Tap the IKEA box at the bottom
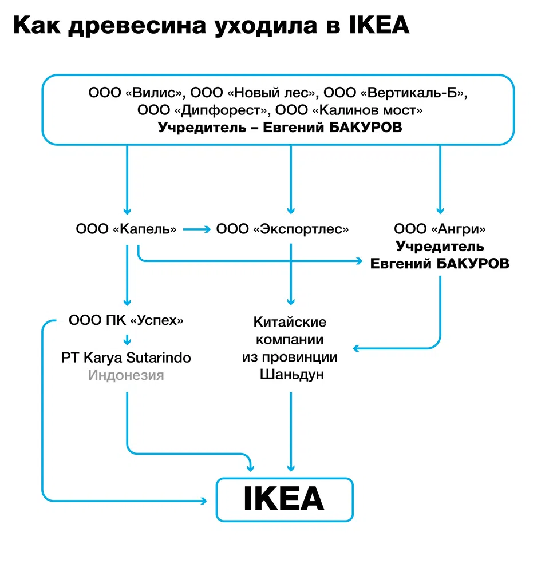284,499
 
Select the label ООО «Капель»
127,229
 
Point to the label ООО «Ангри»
440,229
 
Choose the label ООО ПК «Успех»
127,320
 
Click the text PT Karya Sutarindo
127,357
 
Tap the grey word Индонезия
126,375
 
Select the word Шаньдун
291,375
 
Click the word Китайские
291,321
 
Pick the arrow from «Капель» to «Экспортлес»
197,229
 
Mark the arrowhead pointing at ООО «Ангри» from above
440,209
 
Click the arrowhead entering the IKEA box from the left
204,501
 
